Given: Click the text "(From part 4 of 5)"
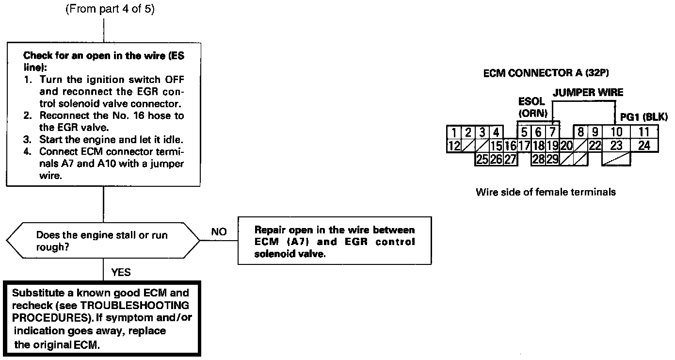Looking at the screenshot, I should (110, 10).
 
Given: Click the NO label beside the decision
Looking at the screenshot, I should (219, 232).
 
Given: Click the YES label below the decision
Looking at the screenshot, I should (121, 272).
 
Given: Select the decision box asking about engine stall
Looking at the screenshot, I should (103, 241).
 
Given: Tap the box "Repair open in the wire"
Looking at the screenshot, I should (334, 241).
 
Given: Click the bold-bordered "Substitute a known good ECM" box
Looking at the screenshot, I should (102, 318).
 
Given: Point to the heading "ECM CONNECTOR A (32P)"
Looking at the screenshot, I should (546, 74).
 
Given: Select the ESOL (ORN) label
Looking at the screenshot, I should (532, 108).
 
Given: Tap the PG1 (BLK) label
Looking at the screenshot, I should (644, 117).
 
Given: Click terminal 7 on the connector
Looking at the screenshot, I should (552, 132).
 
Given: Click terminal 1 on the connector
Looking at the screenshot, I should (453, 132).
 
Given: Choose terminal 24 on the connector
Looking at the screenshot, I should (643, 145).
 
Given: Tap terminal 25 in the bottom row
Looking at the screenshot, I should (482, 159).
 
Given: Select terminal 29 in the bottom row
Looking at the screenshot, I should (552, 159).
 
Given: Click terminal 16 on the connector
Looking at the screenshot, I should (510, 146).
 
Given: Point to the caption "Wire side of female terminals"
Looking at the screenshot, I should (546, 192).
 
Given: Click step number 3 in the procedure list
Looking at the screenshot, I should (27, 140).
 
